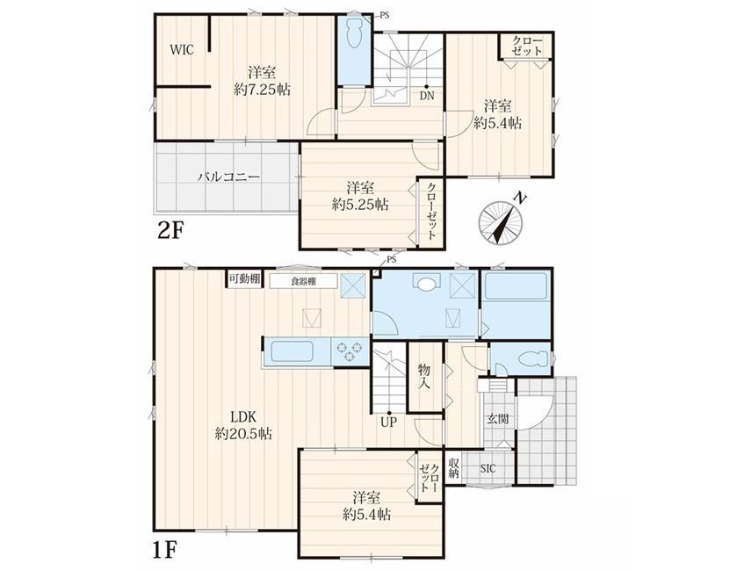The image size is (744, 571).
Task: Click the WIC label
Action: (x=182, y=49)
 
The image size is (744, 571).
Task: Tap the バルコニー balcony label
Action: (x=228, y=177)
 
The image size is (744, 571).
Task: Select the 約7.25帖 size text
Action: (x=262, y=90)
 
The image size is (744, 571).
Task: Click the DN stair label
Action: (x=427, y=96)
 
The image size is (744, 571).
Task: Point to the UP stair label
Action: (x=388, y=422)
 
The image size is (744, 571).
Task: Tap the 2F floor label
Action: (x=170, y=231)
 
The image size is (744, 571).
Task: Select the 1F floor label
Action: (x=165, y=551)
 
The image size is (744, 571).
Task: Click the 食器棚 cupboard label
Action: (x=304, y=281)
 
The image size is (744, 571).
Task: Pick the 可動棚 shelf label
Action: (x=244, y=278)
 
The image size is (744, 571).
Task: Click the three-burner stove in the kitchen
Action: (x=350, y=351)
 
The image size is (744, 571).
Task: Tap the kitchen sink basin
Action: (x=292, y=351)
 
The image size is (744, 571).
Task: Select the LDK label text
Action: (x=243, y=417)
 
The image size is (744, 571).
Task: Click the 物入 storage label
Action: (x=423, y=375)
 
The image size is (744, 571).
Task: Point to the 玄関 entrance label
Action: (x=498, y=419)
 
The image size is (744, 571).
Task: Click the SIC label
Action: (x=488, y=468)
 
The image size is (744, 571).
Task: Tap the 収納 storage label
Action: (x=454, y=467)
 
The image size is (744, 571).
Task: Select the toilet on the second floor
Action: (x=354, y=33)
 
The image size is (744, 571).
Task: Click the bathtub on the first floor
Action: (x=516, y=286)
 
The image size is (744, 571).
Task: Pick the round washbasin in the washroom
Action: (x=427, y=284)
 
